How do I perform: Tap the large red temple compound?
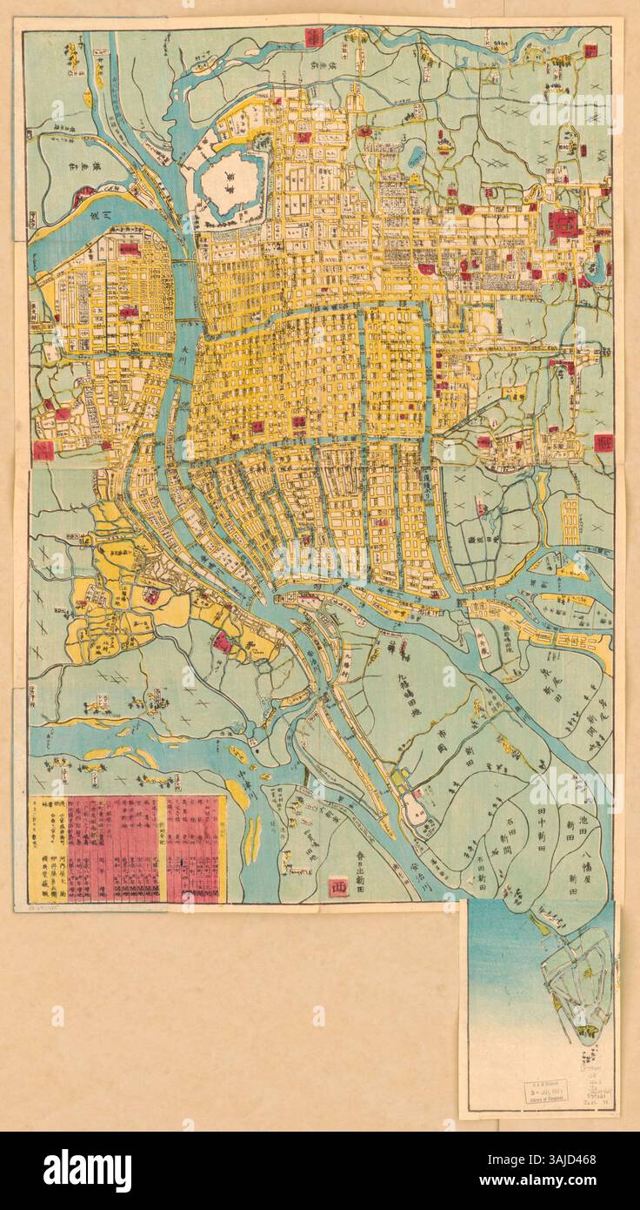564,226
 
